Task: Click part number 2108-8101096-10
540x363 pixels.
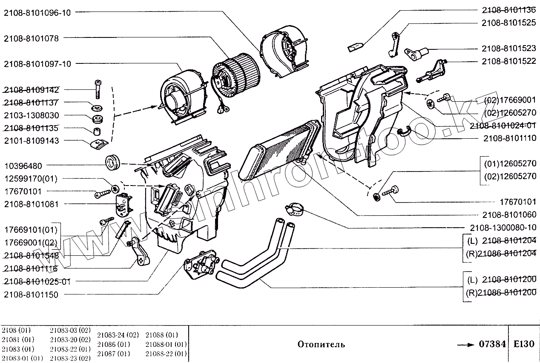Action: [x=37, y=12]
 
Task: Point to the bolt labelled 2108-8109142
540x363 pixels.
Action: [x=97, y=89]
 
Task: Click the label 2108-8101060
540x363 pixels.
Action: [x=509, y=215]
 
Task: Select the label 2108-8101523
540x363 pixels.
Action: [x=509, y=49]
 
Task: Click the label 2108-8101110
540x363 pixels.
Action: [x=509, y=138]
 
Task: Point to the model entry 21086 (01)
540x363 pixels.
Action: [x=113, y=344]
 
